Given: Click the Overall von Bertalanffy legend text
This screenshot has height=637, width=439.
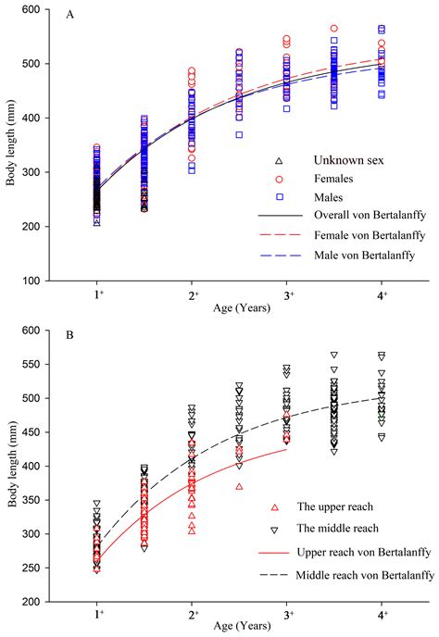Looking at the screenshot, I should [x=345, y=216].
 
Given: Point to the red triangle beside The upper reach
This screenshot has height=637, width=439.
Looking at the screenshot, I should [x=275, y=507].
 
